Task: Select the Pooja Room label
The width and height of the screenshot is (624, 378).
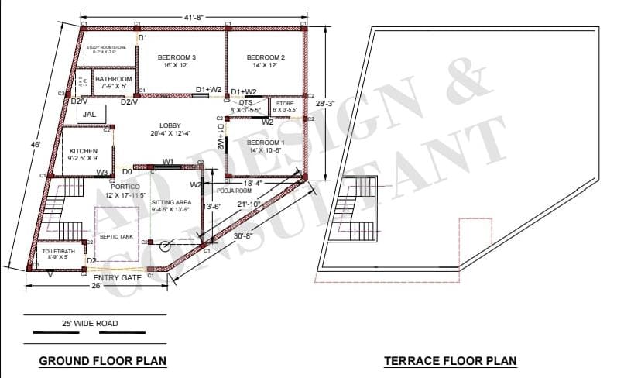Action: pos(233,190)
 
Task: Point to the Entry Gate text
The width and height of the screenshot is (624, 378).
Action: pos(117,277)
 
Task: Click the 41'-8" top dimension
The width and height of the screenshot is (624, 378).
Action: pos(194,17)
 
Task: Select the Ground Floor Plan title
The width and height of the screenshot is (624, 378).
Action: pos(103,361)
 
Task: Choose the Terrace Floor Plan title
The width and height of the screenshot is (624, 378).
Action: pos(450,361)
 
